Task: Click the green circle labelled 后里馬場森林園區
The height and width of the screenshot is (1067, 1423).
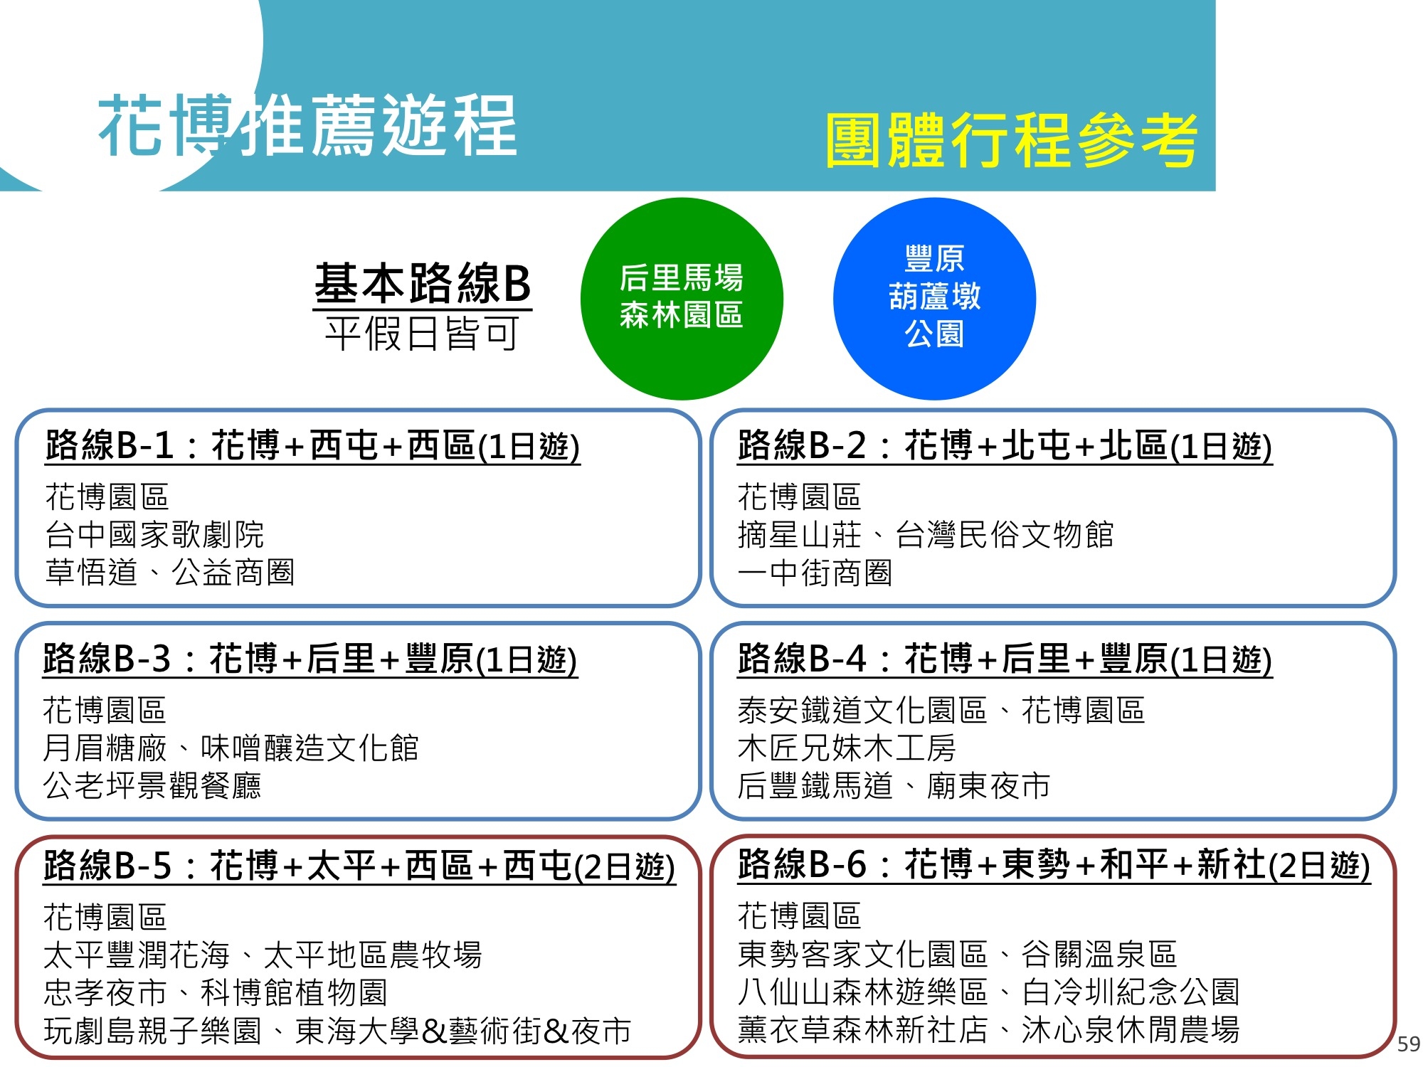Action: [682, 299]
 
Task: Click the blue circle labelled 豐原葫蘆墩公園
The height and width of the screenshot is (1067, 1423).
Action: [934, 299]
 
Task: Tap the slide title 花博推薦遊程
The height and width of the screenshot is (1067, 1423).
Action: [307, 126]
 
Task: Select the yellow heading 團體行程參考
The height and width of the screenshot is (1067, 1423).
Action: [1011, 140]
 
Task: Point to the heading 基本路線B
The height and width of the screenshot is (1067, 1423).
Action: [423, 283]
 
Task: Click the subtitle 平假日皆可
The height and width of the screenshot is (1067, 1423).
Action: [423, 334]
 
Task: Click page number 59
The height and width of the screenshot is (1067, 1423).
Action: [1408, 1044]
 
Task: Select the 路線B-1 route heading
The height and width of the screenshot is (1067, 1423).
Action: [312, 446]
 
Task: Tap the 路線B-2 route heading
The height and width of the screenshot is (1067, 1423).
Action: [1005, 446]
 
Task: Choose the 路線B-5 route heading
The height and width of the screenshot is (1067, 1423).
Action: [359, 866]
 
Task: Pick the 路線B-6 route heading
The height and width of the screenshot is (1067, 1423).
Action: [1054, 865]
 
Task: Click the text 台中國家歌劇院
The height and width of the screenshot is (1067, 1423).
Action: [154, 535]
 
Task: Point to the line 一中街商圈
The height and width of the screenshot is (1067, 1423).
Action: [815, 573]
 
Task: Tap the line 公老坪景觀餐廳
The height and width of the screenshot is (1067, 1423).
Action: [152, 785]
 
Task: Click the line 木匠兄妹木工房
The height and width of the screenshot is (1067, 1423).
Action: [847, 748]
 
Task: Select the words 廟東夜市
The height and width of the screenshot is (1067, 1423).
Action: [988, 785]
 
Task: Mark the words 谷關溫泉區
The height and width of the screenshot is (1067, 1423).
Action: [1099, 954]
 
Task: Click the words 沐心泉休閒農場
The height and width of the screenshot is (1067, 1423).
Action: [1131, 1029]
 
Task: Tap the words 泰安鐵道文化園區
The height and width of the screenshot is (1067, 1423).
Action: [862, 710]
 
